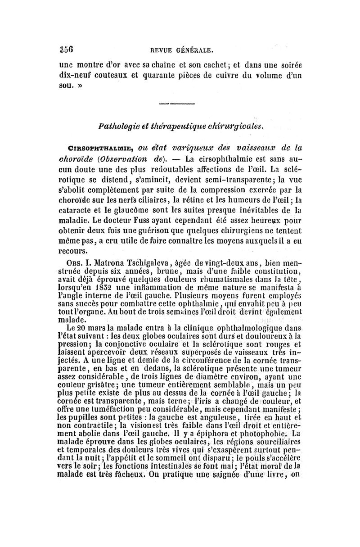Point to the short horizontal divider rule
point(180,104)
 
